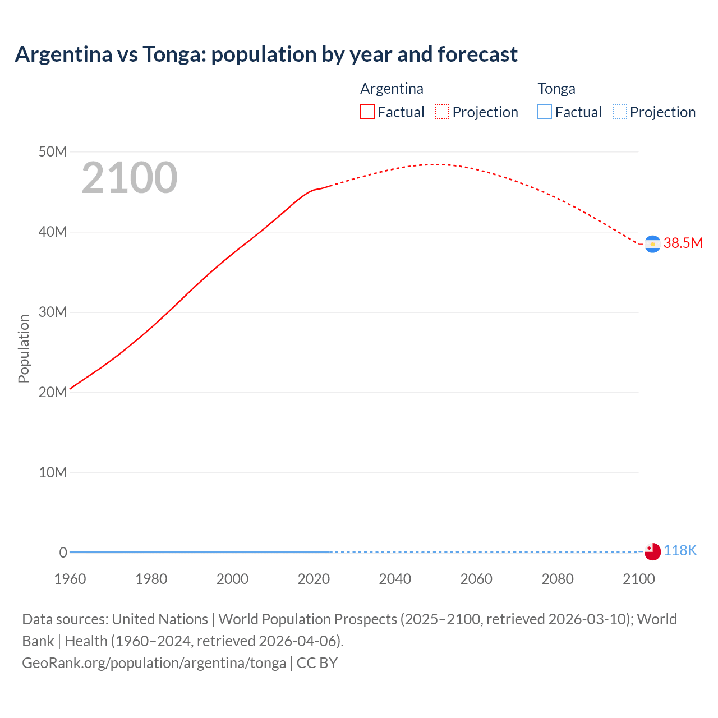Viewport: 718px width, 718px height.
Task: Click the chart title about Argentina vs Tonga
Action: point(266,54)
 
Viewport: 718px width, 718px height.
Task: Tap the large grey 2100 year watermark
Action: point(130,178)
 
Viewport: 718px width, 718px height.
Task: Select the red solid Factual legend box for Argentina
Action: point(367,112)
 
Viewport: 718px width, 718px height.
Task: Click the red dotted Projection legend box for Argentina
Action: point(442,112)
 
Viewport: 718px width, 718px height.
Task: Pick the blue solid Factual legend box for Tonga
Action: point(545,112)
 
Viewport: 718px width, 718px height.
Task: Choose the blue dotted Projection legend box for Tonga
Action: point(620,112)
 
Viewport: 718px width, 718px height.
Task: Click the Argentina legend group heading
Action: point(392,89)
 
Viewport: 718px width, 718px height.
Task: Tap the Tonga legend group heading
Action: point(556,89)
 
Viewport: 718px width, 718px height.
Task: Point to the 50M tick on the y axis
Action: point(53,152)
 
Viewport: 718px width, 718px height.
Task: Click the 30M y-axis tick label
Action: point(53,312)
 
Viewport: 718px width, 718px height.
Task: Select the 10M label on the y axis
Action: point(53,473)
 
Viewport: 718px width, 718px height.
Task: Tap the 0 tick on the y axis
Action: point(63,553)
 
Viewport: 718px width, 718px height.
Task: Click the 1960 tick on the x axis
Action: point(70,579)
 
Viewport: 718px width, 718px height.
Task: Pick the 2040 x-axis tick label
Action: point(395,579)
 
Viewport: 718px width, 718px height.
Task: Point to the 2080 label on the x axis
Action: point(558,579)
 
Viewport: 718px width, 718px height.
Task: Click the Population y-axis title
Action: point(24,348)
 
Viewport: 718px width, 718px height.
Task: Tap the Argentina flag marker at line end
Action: point(652,244)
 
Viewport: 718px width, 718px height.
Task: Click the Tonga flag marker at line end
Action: point(652,551)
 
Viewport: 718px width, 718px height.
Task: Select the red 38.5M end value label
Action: point(683,243)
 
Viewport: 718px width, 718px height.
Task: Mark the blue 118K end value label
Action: point(680,551)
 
